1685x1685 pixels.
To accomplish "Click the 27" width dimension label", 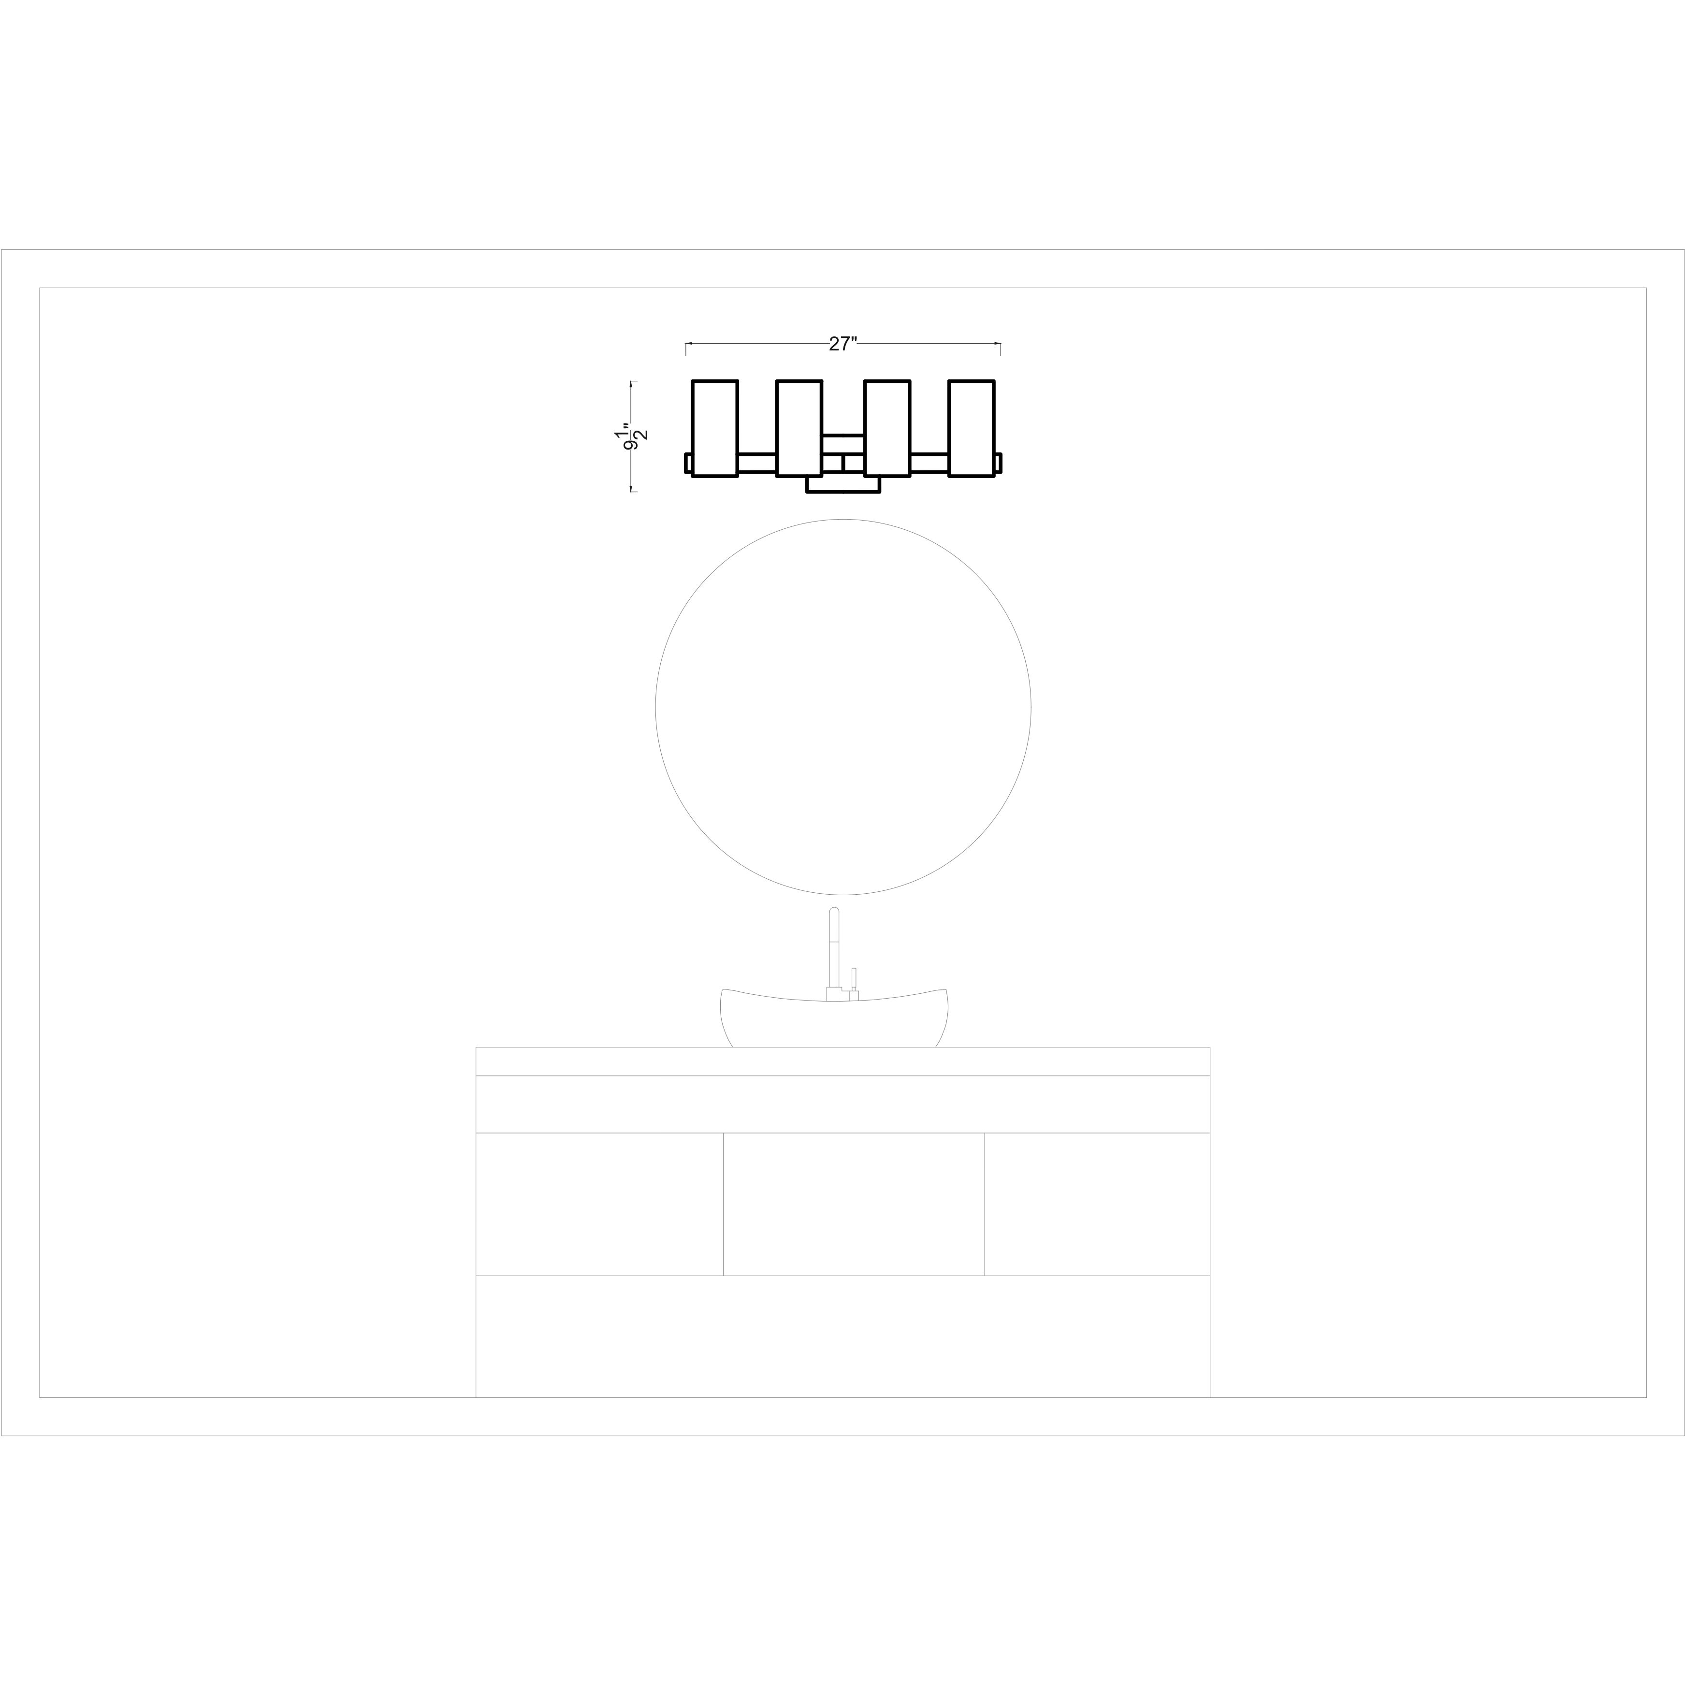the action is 842,344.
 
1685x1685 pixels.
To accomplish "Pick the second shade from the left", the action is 799,428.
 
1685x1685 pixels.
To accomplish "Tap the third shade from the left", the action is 887,428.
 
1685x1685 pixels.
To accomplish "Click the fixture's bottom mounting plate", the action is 842,485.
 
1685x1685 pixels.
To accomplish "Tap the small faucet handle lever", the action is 854,978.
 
